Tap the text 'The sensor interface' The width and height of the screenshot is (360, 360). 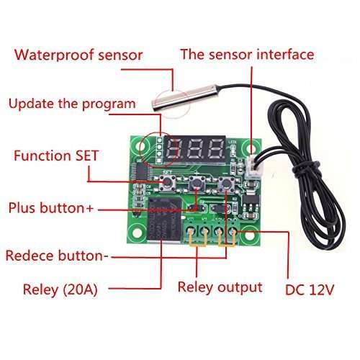click(x=247, y=54)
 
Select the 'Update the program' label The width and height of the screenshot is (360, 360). click(x=72, y=104)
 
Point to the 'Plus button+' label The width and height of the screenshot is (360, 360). click(x=50, y=208)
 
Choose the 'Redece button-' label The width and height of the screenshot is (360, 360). click(x=57, y=256)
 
